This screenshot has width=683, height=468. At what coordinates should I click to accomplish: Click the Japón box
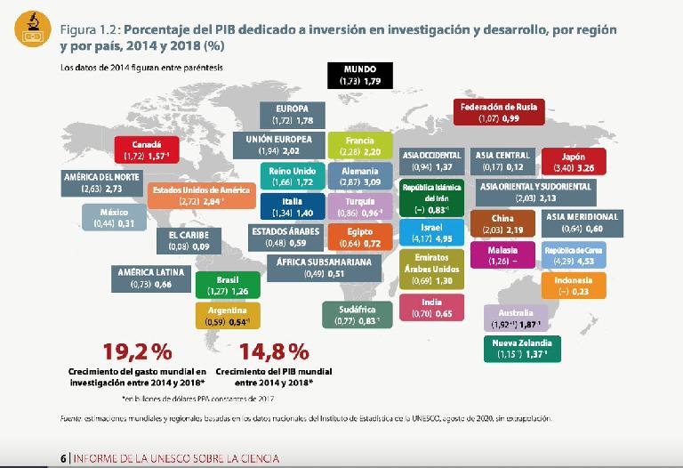pyautogui.click(x=574, y=161)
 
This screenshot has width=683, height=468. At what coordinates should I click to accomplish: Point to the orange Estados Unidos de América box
pyautogui.click(x=200, y=195)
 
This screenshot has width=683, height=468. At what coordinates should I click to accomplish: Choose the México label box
pyautogui.click(x=115, y=218)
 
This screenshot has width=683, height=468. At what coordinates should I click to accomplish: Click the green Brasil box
pyautogui.click(x=228, y=285)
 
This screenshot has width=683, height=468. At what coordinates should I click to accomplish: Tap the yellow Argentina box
pyautogui.click(x=228, y=315)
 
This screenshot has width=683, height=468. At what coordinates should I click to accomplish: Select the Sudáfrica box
pyautogui.click(x=358, y=313)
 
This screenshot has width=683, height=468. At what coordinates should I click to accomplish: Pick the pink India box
pyautogui.click(x=432, y=308)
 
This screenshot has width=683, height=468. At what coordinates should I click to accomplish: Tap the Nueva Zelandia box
pyautogui.click(x=522, y=349)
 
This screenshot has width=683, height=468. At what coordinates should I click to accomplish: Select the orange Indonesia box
pyautogui.click(x=573, y=286)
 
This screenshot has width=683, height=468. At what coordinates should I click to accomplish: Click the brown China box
pyautogui.click(x=502, y=223)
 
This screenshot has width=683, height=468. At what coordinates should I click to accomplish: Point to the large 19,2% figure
pyautogui.click(x=137, y=349)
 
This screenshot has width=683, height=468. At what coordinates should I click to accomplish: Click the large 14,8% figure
pyautogui.click(x=275, y=349)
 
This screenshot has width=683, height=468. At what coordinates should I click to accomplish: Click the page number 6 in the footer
pyautogui.click(x=63, y=458)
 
